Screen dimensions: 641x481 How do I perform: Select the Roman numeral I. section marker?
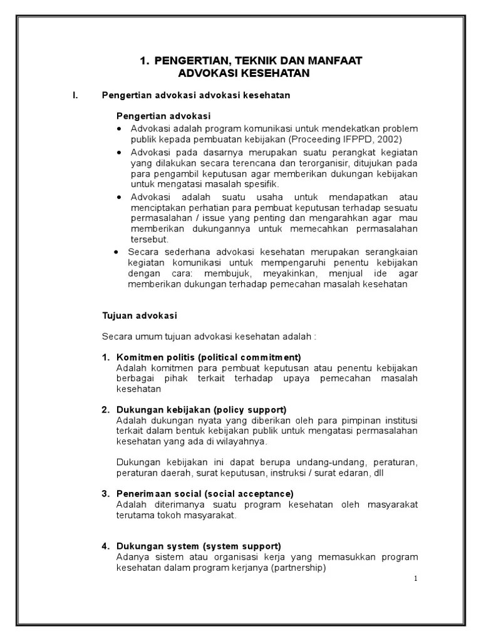(x=75, y=96)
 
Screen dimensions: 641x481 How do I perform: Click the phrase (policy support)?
(x=249, y=409)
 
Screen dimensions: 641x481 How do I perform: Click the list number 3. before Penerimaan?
(x=106, y=494)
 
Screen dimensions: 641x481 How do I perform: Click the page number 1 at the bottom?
(x=415, y=578)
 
